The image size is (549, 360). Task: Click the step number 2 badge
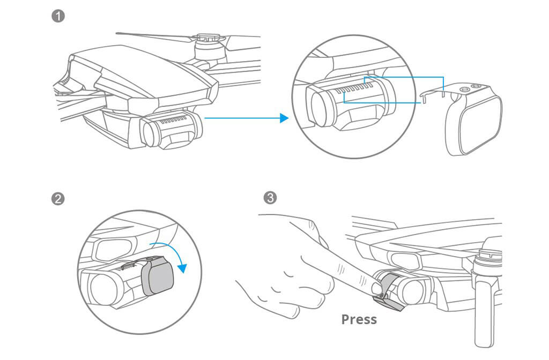[58, 199]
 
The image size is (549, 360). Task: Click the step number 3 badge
[271, 199]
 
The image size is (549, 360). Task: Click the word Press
[359, 320]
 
